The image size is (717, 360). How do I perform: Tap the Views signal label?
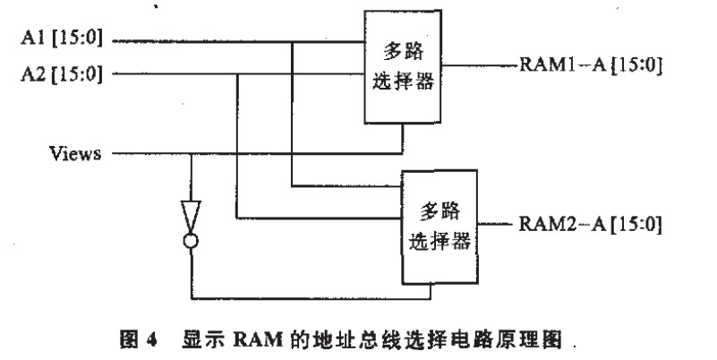pyautogui.click(x=76, y=153)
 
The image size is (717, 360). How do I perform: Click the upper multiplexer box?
pyautogui.click(x=403, y=67)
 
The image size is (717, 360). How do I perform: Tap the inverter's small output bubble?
pyautogui.click(x=191, y=240)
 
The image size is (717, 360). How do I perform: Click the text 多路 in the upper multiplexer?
pyautogui.click(x=403, y=51)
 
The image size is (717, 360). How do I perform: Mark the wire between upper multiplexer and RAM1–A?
pyautogui.click(x=480, y=65)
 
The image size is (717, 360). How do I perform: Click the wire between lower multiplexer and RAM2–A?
pyautogui.click(x=496, y=224)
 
